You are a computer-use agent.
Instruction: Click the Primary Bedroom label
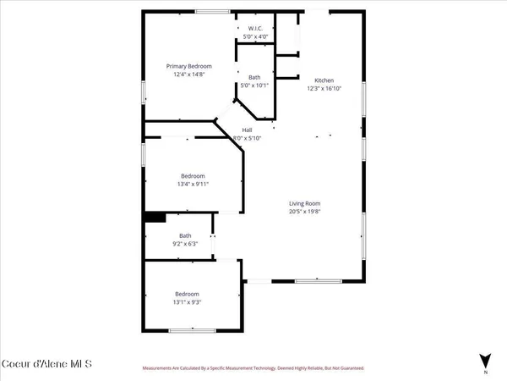[x=188, y=66]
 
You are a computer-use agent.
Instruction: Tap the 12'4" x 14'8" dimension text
[x=188, y=74]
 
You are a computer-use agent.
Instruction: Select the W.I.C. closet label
[x=254, y=30]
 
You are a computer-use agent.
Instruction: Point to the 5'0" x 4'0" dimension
[x=254, y=37]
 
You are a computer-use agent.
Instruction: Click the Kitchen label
[x=325, y=70]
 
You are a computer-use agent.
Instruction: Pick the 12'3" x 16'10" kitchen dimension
[x=325, y=78]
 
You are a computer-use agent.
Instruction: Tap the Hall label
[x=248, y=130]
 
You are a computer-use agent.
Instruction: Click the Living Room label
[x=305, y=203]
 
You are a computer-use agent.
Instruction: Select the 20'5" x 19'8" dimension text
[x=305, y=211]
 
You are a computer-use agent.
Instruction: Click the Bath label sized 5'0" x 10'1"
[x=254, y=77]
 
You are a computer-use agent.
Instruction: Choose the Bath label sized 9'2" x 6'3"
[x=185, y=236]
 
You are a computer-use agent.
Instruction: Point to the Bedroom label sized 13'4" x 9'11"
[x=192, y=175]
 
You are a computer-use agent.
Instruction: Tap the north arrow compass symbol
[x=484, y=362]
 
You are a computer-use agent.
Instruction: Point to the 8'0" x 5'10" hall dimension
[x=248, y=137]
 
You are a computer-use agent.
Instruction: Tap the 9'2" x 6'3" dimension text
[x=185, y=244]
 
